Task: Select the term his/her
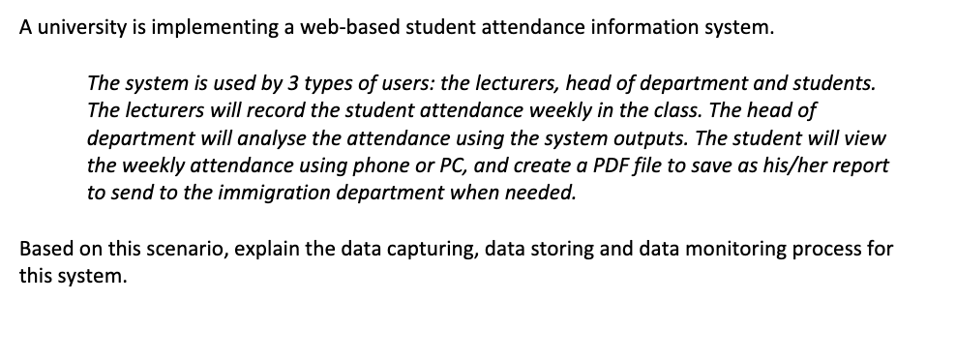(x=792, y=165)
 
